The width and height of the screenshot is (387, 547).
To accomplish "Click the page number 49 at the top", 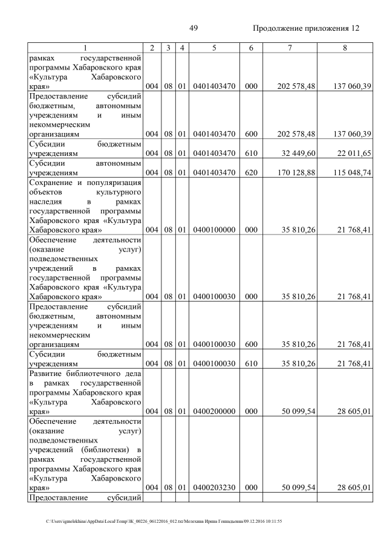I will pyautogui.click(x=193, y=28).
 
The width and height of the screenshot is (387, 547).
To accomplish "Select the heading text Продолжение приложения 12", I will pyautogui.click(x=305, y=28).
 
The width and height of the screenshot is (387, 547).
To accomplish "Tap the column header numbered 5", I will pyautogui.click(x=214, y=47).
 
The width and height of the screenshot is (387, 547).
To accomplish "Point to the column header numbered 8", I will pyautogui.click(x=344, y=47).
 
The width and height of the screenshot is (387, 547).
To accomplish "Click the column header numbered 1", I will pyautogui.click(x=85, y=47).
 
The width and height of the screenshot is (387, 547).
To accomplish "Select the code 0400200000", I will pyautogui.click(x=214, y=411).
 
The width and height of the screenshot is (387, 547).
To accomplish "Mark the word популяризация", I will pyautogui.click(x=114, y=183).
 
